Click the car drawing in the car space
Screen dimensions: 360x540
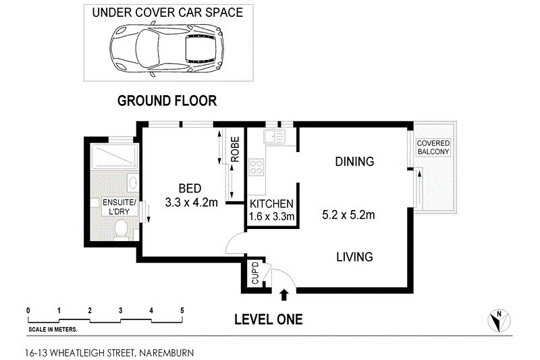(x=167, y=48)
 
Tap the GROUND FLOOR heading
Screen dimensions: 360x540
(x=167, y=101)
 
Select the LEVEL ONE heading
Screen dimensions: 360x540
(x=268, y=319)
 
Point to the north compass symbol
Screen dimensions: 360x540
(x=497, y=319)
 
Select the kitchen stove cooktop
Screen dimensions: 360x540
(x=256, y=167)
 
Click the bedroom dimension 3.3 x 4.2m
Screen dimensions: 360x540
(x=191, y=201)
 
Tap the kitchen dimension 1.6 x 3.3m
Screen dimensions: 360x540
(x=271, y=217)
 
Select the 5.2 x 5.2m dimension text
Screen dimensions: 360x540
(x=349, y=215)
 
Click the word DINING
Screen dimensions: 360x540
(x=354, y=162)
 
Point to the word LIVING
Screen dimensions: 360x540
(x=354, y=257)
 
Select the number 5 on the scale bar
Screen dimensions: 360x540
(x=182, y=310)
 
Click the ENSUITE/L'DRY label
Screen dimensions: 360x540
(x=119, y=207)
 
